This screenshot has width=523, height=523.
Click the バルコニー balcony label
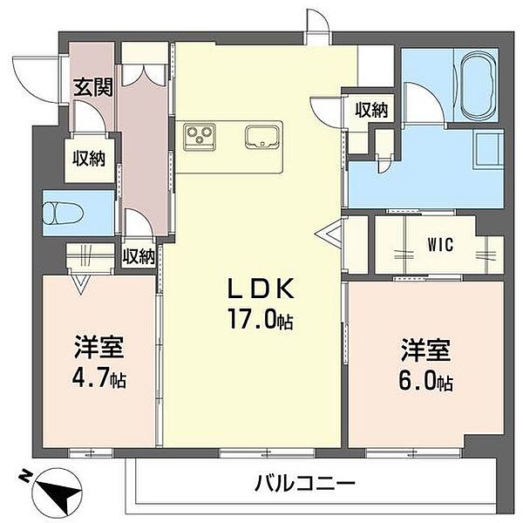(304, 482)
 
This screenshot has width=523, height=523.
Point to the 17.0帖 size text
(260, 320)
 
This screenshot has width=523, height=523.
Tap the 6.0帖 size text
(426, 381)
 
